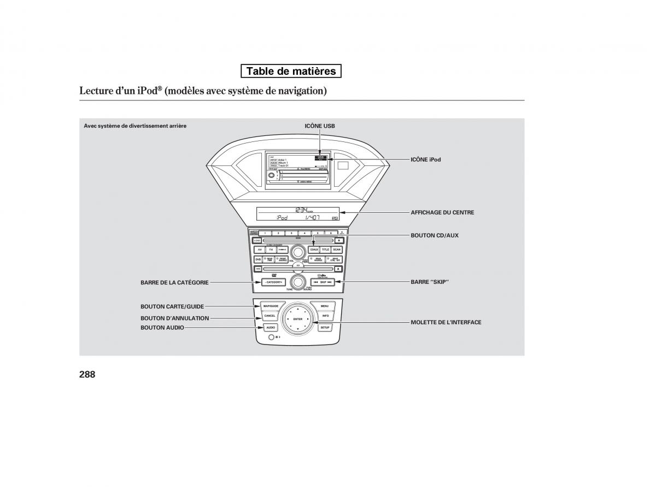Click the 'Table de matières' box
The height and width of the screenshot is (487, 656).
point(291,71)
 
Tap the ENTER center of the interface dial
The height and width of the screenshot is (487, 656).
point(297,319)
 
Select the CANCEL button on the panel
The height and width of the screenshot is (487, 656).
point(270,316)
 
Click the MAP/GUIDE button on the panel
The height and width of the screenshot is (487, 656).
point(270,306)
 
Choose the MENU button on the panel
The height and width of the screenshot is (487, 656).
point(325,306)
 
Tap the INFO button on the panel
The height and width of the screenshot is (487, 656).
point(325,316)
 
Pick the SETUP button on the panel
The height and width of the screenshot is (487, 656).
point(325,328)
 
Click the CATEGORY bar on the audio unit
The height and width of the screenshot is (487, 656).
point(272,282)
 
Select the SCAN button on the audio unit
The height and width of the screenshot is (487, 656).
point(337,250)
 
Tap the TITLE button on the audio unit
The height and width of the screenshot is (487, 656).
point(325,250)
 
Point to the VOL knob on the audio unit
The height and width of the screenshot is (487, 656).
point(297,252)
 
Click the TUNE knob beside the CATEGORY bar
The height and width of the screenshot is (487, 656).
point(297,282)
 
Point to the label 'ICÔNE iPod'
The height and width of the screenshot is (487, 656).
point(425,159)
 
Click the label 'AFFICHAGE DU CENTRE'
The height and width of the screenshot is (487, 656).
point(442,212)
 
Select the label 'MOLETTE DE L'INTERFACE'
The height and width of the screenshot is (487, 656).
point(446,323)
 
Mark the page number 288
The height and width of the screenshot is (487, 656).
point(87,375)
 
